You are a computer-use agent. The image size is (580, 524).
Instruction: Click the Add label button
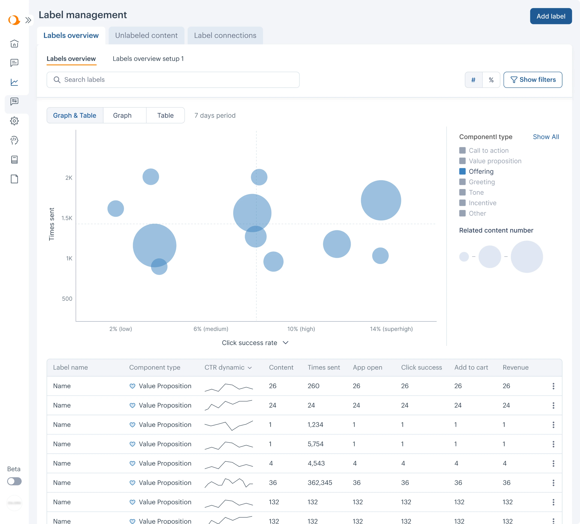(550, 16)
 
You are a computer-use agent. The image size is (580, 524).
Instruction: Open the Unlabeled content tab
(146, 35)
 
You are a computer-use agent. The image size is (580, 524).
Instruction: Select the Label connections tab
(225, 35)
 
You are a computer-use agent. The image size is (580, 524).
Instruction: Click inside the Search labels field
(173, 80)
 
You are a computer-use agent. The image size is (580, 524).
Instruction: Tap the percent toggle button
(491, 80)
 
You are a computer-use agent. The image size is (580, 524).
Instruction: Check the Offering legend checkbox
(462, 171)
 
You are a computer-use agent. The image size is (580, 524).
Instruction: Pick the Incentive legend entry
(482, 203)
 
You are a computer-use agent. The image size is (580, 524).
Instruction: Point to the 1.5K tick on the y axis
(67, 218)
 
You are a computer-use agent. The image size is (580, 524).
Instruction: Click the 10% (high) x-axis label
(301, 329)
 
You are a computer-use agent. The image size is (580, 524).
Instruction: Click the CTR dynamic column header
(228, 367)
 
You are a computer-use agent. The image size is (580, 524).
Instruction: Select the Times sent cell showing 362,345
(320, 483)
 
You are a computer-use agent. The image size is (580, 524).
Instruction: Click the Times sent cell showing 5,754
(315, 444)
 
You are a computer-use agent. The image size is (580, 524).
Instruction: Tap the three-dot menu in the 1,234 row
(553, 425)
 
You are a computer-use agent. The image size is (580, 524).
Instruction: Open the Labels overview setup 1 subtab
(148, 59)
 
